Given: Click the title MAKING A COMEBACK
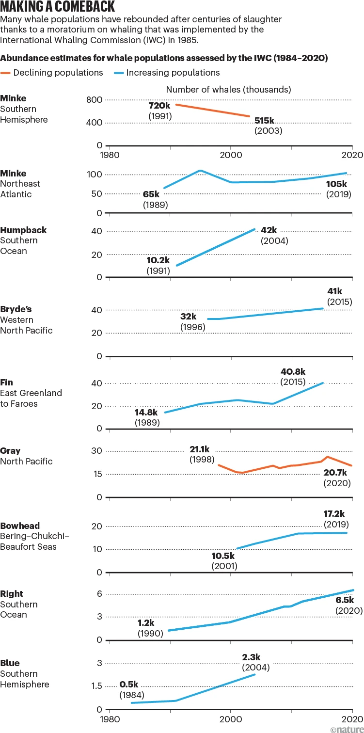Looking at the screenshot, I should (x=58, y=7).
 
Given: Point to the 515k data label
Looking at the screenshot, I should (x=265, y=120).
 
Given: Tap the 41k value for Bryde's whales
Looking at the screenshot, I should (x=334, y=291).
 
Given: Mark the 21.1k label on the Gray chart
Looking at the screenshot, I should (x=202, y=449).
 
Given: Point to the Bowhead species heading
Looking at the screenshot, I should (x=20, y=526).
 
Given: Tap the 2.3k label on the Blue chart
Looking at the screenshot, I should (x=251, y=657).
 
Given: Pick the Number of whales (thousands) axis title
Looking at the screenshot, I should (x=228, y=90).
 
